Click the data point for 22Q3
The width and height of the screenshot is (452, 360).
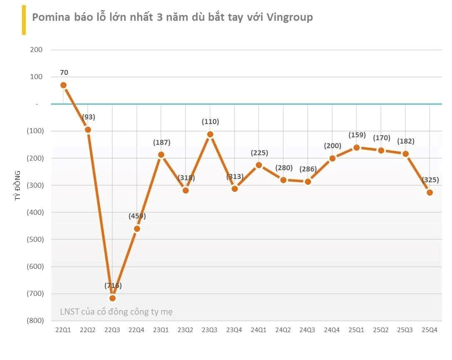tap(112, 298)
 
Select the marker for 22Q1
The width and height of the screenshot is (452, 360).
tap(64, 85)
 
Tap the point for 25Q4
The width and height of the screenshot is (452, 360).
tap(430, 192)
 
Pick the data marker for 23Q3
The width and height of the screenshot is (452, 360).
tap(210, 134)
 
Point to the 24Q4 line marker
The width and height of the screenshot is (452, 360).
tap(332, 158)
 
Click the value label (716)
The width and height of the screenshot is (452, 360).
tap(113, 286)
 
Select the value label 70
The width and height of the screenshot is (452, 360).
tap(64, 72)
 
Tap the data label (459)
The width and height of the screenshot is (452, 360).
tap(137, 216)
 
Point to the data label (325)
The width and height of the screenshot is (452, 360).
tap(430, 180)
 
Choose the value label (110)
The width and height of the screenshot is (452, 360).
tap(210, 122)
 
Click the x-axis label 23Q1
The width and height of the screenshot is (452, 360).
tap(161, 330)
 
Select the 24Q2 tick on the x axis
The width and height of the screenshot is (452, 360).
tap(283, 330)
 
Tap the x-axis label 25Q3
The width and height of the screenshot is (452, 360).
tap(405, 330)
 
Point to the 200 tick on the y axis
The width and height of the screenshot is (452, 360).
tap(37, 50)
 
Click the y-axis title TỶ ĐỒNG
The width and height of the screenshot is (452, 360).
tap(18, 185)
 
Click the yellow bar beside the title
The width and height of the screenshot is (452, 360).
tap(24, 20)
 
